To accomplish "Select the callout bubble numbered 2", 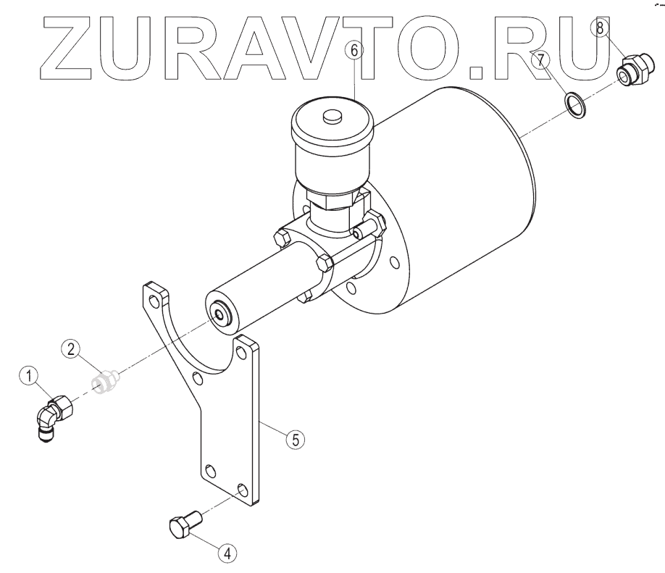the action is click(70, 349).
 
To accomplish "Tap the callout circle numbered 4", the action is click(227, 553).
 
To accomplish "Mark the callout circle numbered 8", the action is click(601, 30).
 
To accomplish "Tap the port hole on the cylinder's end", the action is click(217, 314).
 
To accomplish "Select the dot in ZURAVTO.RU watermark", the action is click(475, 70).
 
